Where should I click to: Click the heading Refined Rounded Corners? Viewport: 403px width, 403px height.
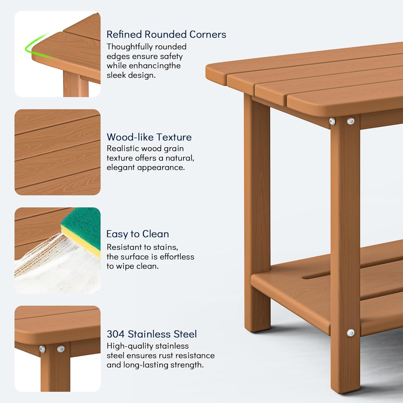(x=166, y=34)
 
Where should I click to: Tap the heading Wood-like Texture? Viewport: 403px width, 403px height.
(x=149, y=137)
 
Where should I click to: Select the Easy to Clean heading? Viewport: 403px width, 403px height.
(x=137, y=234)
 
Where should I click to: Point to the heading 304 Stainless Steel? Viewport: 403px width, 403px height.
(x=152, y=334)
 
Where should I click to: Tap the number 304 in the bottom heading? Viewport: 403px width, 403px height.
(x=116, y=334)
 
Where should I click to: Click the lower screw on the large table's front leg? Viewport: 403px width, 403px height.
(x=351, y=333)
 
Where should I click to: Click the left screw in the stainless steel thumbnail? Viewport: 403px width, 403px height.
(x=42, y=349)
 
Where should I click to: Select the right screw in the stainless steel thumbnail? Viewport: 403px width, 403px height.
(x=61, y=349)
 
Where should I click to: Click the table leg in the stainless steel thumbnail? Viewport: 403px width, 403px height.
(x=55, y=371)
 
